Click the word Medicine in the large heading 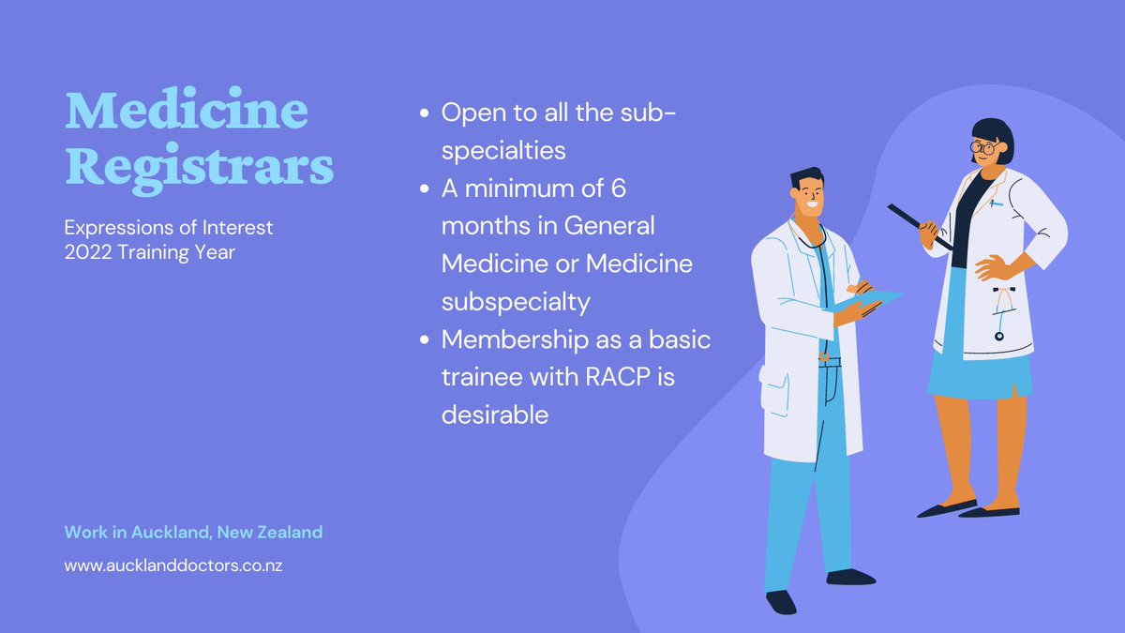tap(186, 113)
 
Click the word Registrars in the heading tap(199, 169)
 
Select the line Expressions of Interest tap(169, 228)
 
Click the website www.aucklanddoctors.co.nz tap(173, 566)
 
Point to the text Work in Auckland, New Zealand tap(193, 532)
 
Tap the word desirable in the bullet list tap(495, 414)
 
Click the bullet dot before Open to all tap(424, 113)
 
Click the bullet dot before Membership tap(424, 339)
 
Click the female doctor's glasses tap(982, 148)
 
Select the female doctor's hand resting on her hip tap(996, 268)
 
